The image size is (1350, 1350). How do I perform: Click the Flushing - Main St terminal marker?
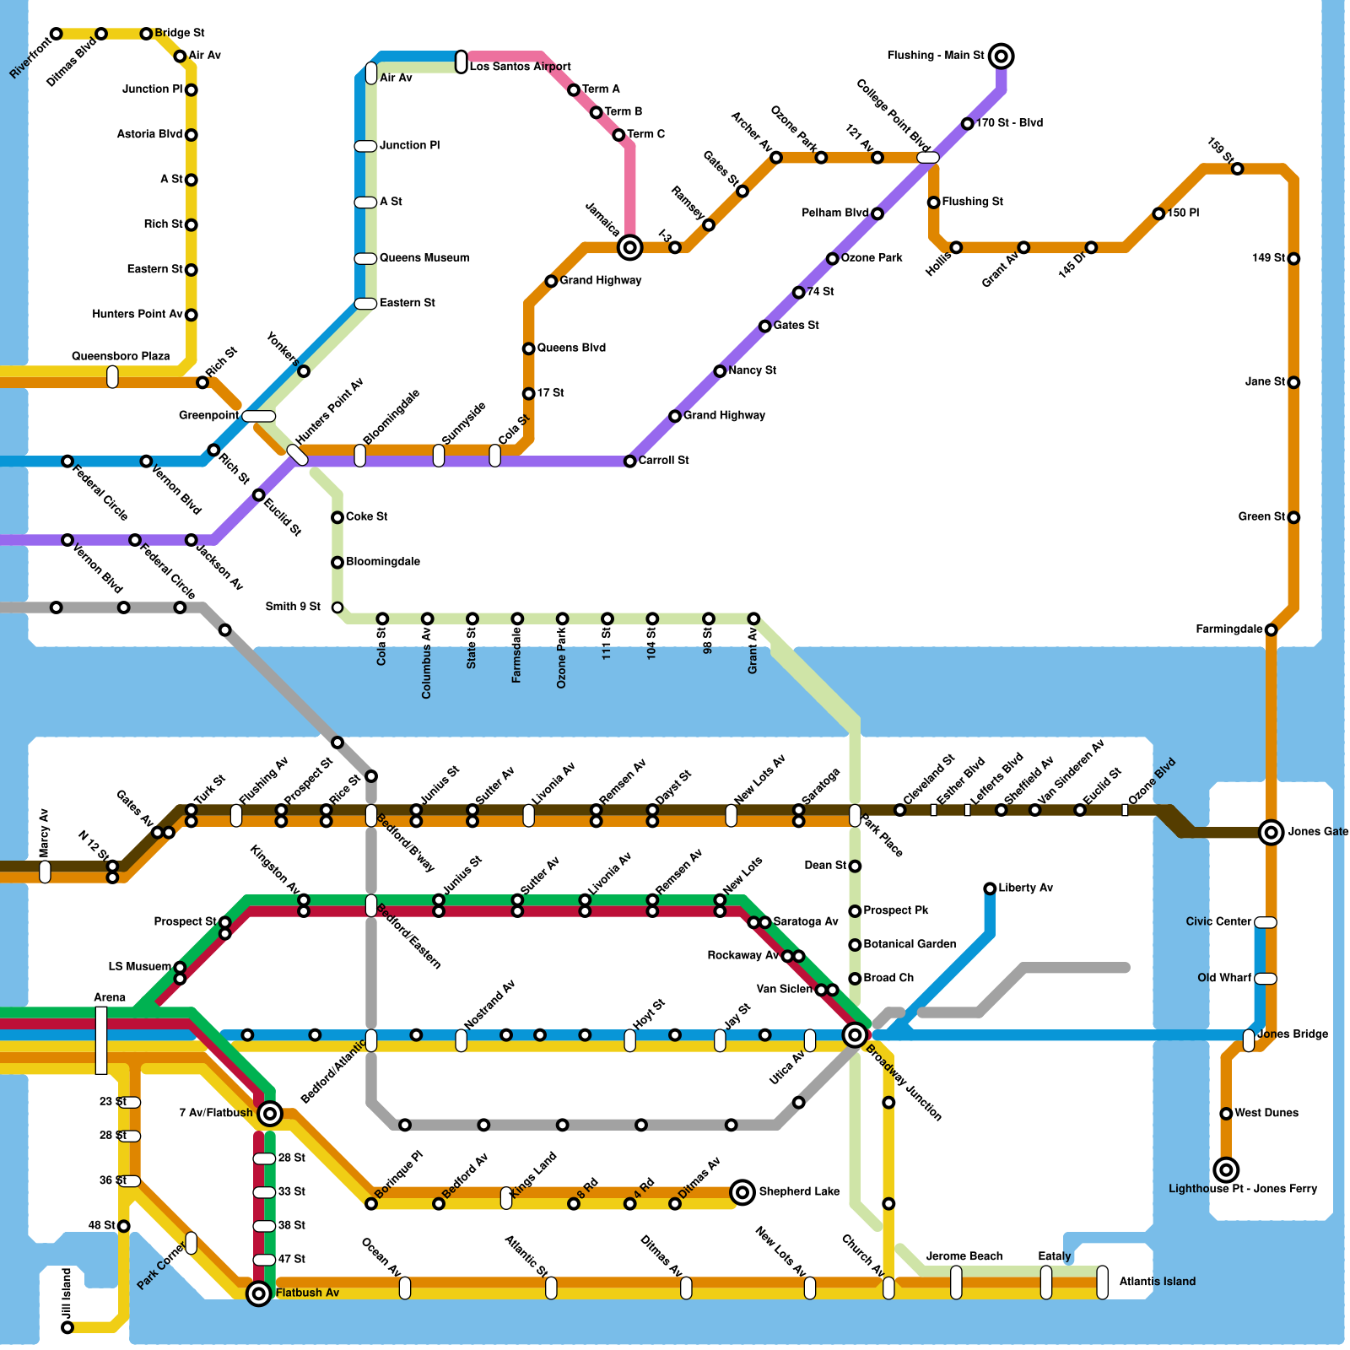pyautogui.click(x=1001, y=57)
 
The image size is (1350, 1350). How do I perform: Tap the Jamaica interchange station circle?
pyautogui.click(x=629, y=247)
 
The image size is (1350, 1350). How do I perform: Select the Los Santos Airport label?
pyautogui.click(x=520, y=67)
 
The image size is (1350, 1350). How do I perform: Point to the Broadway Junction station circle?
pyautogui.click(x=855, y=1034)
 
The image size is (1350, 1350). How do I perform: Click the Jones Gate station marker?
pyautogui.click(x=1271, y=833)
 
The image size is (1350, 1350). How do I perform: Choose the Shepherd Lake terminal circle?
pyautogui.click(x=742, y=1192)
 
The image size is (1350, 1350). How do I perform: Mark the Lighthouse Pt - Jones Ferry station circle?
pyautogui.click(x=1226, y=1169)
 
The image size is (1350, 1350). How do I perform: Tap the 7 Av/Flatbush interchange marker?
pyautogui.click(x=270, y=1114)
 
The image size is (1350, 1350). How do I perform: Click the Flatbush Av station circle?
pyautogui.click(x=259, y=1293)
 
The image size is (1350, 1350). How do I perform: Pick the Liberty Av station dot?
pyautogui.click(x=990, y=888)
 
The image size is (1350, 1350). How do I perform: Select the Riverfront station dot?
pyautogui.click(x=56, y=34)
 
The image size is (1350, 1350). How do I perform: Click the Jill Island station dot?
pyautogui.click(x=67, y=1327)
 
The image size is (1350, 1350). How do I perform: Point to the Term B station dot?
pyautogui.click(x=596, y=112)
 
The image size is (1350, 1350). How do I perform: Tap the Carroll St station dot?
pyautogui.click(x=629, y=462)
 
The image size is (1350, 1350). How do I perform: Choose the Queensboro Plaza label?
pyautogui.click(x=121, y=356)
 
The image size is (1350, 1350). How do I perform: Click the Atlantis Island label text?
pyautogui.click(x=1157, y=1282)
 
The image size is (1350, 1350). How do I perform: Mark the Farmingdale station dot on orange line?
pyautogui.click(x=1271, y=629)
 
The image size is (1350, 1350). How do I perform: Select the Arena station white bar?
pyautogui.click(x=101, y=1040)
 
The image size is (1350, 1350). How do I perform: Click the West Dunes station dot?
pyautogui.click(x=1226, y=1114)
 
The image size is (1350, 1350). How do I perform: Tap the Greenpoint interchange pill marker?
pyautogui.click(x=258, y=416)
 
